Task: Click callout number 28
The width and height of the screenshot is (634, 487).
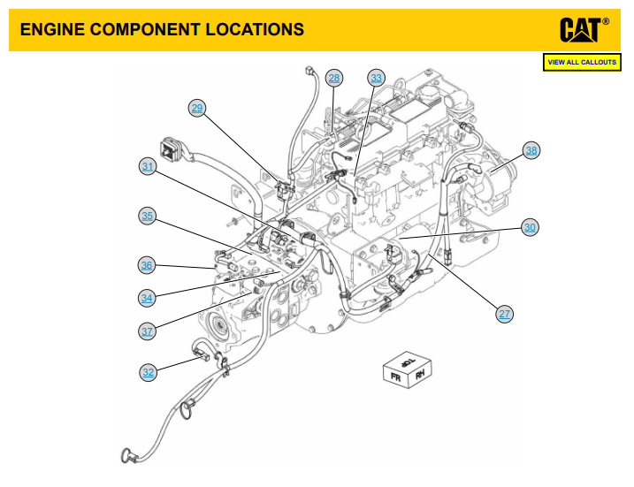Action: point(333,78)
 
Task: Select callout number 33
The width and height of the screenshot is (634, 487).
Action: point(377,78)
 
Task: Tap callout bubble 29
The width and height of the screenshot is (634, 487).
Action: point(197,108)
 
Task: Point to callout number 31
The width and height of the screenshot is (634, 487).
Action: point(148,166)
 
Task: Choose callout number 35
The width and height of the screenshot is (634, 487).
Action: point(148,216)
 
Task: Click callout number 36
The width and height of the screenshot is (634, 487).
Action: point(148,264)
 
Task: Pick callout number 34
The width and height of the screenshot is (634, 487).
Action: point(148,297)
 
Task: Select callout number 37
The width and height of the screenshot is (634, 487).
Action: point(148,331)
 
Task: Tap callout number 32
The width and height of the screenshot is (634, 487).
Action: point(149,372)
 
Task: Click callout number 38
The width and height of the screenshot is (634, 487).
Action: point(531,150)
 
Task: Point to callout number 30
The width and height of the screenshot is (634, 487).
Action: point(530,227)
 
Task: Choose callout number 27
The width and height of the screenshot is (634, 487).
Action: point(504,313)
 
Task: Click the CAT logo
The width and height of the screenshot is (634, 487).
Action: point(584,29)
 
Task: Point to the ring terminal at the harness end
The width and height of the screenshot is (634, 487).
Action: point(126,456)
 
